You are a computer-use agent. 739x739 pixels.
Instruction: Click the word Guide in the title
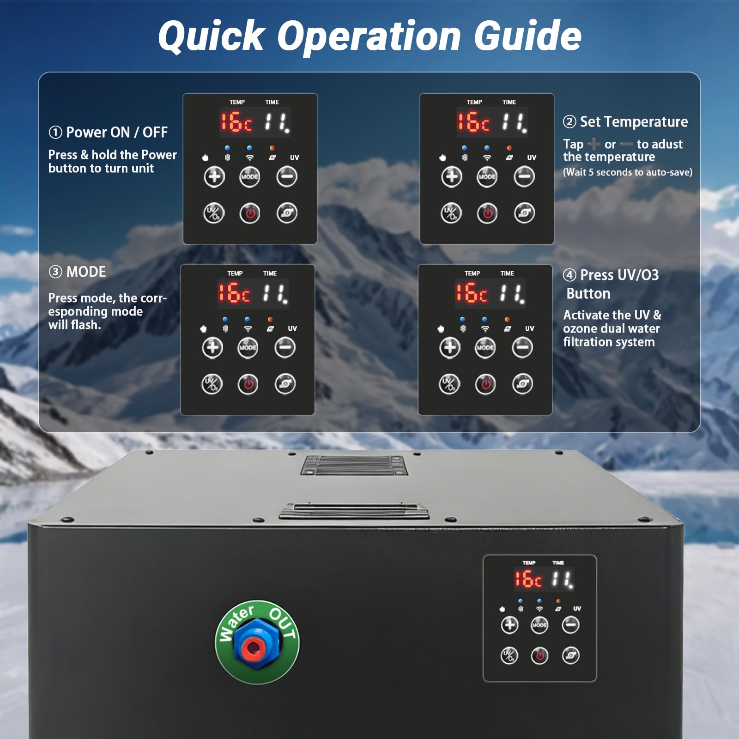528,36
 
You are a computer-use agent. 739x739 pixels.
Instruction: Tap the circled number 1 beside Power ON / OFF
55,133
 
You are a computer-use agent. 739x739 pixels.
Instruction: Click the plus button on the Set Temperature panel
451,176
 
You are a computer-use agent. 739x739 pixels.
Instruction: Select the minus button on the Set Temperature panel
524,176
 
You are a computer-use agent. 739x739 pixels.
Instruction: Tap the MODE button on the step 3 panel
248,347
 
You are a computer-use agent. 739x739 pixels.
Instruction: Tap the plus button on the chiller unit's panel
509,625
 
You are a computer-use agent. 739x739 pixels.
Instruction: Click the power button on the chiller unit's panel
539,655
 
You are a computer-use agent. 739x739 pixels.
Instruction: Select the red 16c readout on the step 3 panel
234,293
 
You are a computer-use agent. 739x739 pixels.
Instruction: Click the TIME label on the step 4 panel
507,273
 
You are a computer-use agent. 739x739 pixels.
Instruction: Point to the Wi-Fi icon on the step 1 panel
249,158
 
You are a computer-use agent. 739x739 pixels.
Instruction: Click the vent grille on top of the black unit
354,465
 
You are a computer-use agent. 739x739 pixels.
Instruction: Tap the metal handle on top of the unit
354,511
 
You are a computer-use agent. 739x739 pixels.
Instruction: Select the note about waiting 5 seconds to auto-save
628,172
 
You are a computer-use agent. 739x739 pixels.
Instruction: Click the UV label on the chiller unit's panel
577,609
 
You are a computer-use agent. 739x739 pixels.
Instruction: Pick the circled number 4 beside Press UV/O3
569,275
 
